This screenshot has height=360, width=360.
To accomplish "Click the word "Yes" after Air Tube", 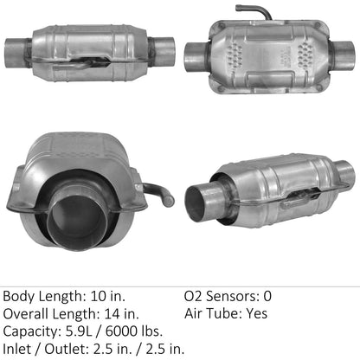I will [x=254, y=314].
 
